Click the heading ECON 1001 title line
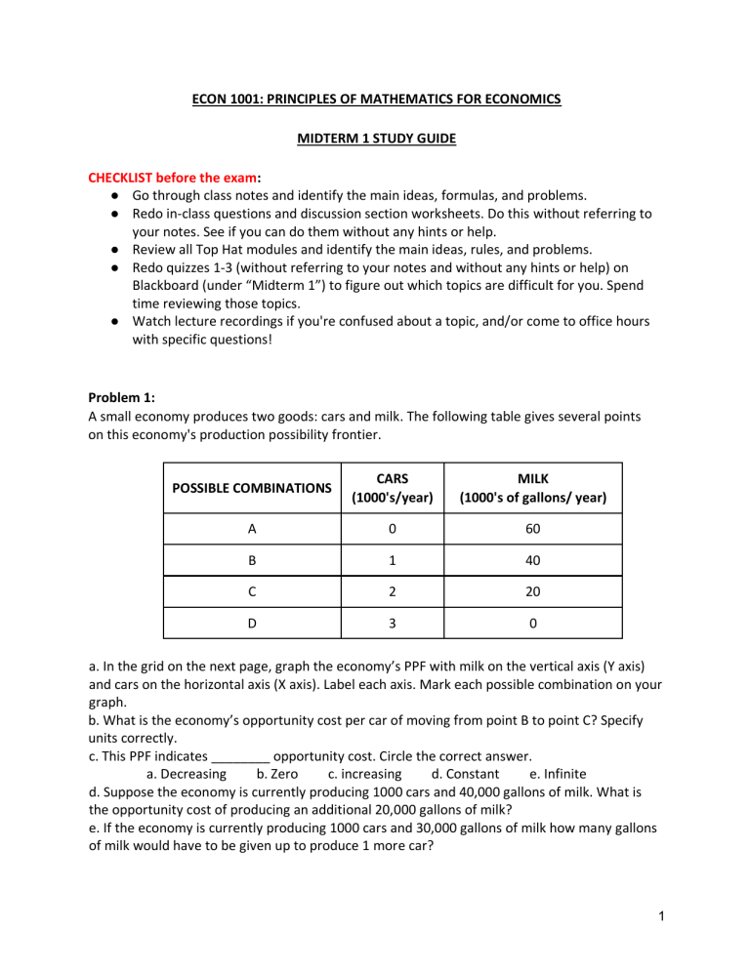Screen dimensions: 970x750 click(374, 99)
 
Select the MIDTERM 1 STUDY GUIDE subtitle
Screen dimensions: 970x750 click(374, 140)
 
